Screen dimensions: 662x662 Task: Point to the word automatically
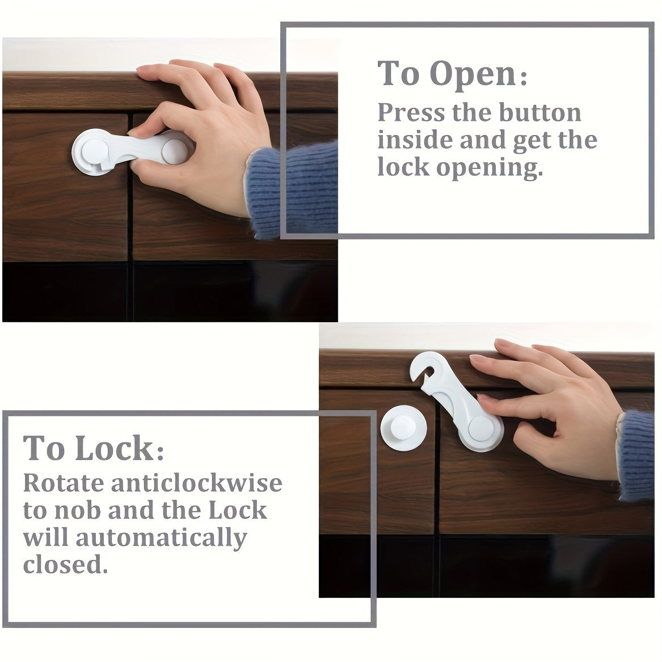(x=162, y=537)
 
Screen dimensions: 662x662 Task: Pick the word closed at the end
(x=65, y=564)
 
